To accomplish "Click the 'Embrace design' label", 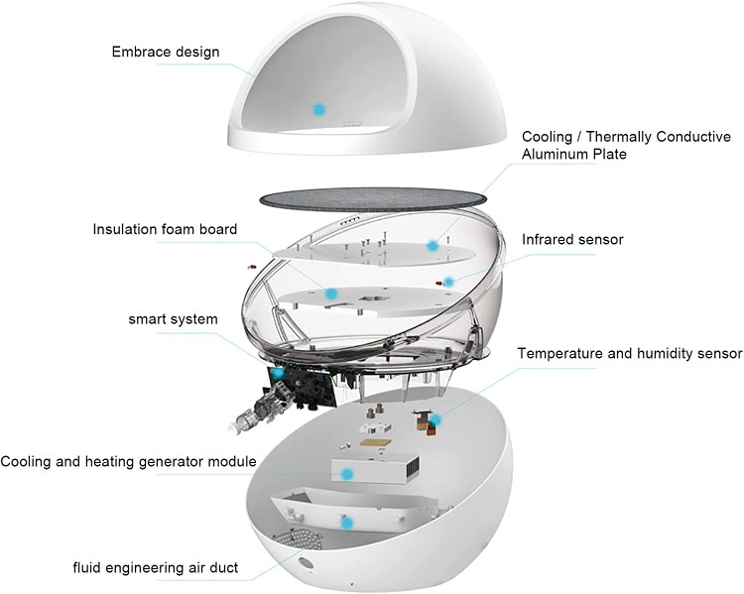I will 165,51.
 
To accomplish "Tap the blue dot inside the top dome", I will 318,107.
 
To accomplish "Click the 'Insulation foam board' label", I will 165,229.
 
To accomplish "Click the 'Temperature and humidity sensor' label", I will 629,353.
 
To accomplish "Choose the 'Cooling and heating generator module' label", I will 129,462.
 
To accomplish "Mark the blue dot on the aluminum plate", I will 433,244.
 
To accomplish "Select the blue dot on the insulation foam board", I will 330,294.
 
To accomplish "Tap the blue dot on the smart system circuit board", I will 279,372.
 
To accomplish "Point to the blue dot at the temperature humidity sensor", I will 434,419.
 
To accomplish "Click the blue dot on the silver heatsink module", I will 346,474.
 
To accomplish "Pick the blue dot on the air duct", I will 346,522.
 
